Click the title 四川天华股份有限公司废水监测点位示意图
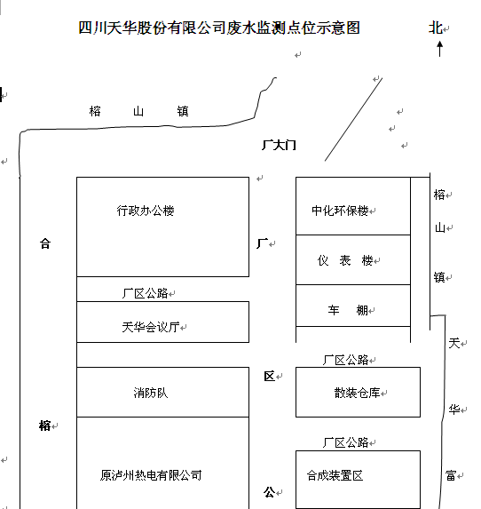(219, 28)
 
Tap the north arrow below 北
(439, 49)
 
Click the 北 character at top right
(436, 28)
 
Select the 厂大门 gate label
(279, 145)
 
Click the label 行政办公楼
(146, 211)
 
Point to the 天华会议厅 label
(151, 327)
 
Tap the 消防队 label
(151, 393)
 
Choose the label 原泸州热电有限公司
(151, 475)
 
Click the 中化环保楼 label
(340, 211)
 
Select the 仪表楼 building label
(345, 260)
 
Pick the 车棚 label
(348, 310)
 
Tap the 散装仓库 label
(357, 393)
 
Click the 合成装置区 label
(335, 475)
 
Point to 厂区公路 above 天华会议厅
(145, 293)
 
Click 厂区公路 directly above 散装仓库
(346, 360)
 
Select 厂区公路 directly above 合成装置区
(346, 442)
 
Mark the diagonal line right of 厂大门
(353, 119)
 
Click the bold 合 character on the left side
(45, 243)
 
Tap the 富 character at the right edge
(451, 475)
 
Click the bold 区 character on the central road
(269, 377)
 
